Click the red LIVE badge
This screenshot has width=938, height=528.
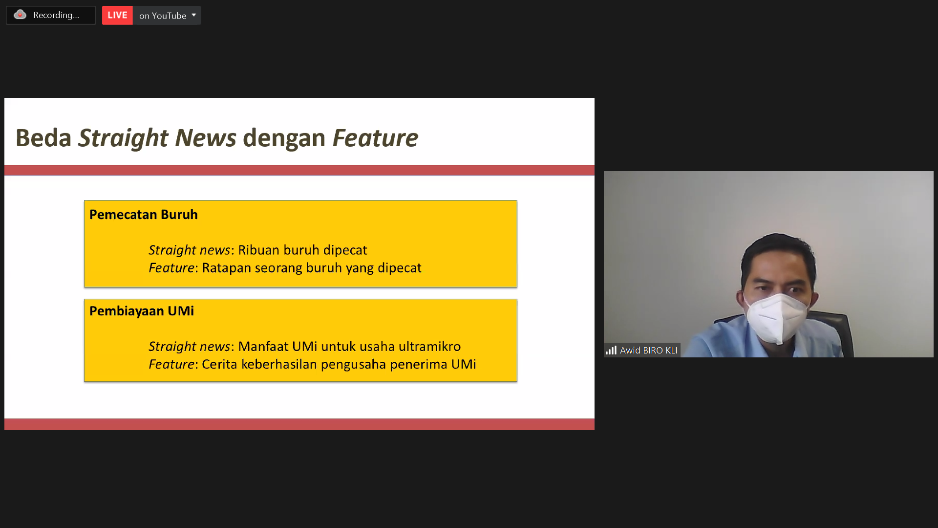point(117,16)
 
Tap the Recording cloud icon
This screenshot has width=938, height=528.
point(20,15)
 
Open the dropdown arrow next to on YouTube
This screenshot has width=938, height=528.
point(194,15)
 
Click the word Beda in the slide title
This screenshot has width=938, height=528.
point(43,138)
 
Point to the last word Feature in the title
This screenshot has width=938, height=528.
point(375,138)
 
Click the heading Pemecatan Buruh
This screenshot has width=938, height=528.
point(144,215)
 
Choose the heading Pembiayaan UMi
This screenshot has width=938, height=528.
point(142,311)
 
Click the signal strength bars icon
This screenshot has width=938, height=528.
point(611,350)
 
